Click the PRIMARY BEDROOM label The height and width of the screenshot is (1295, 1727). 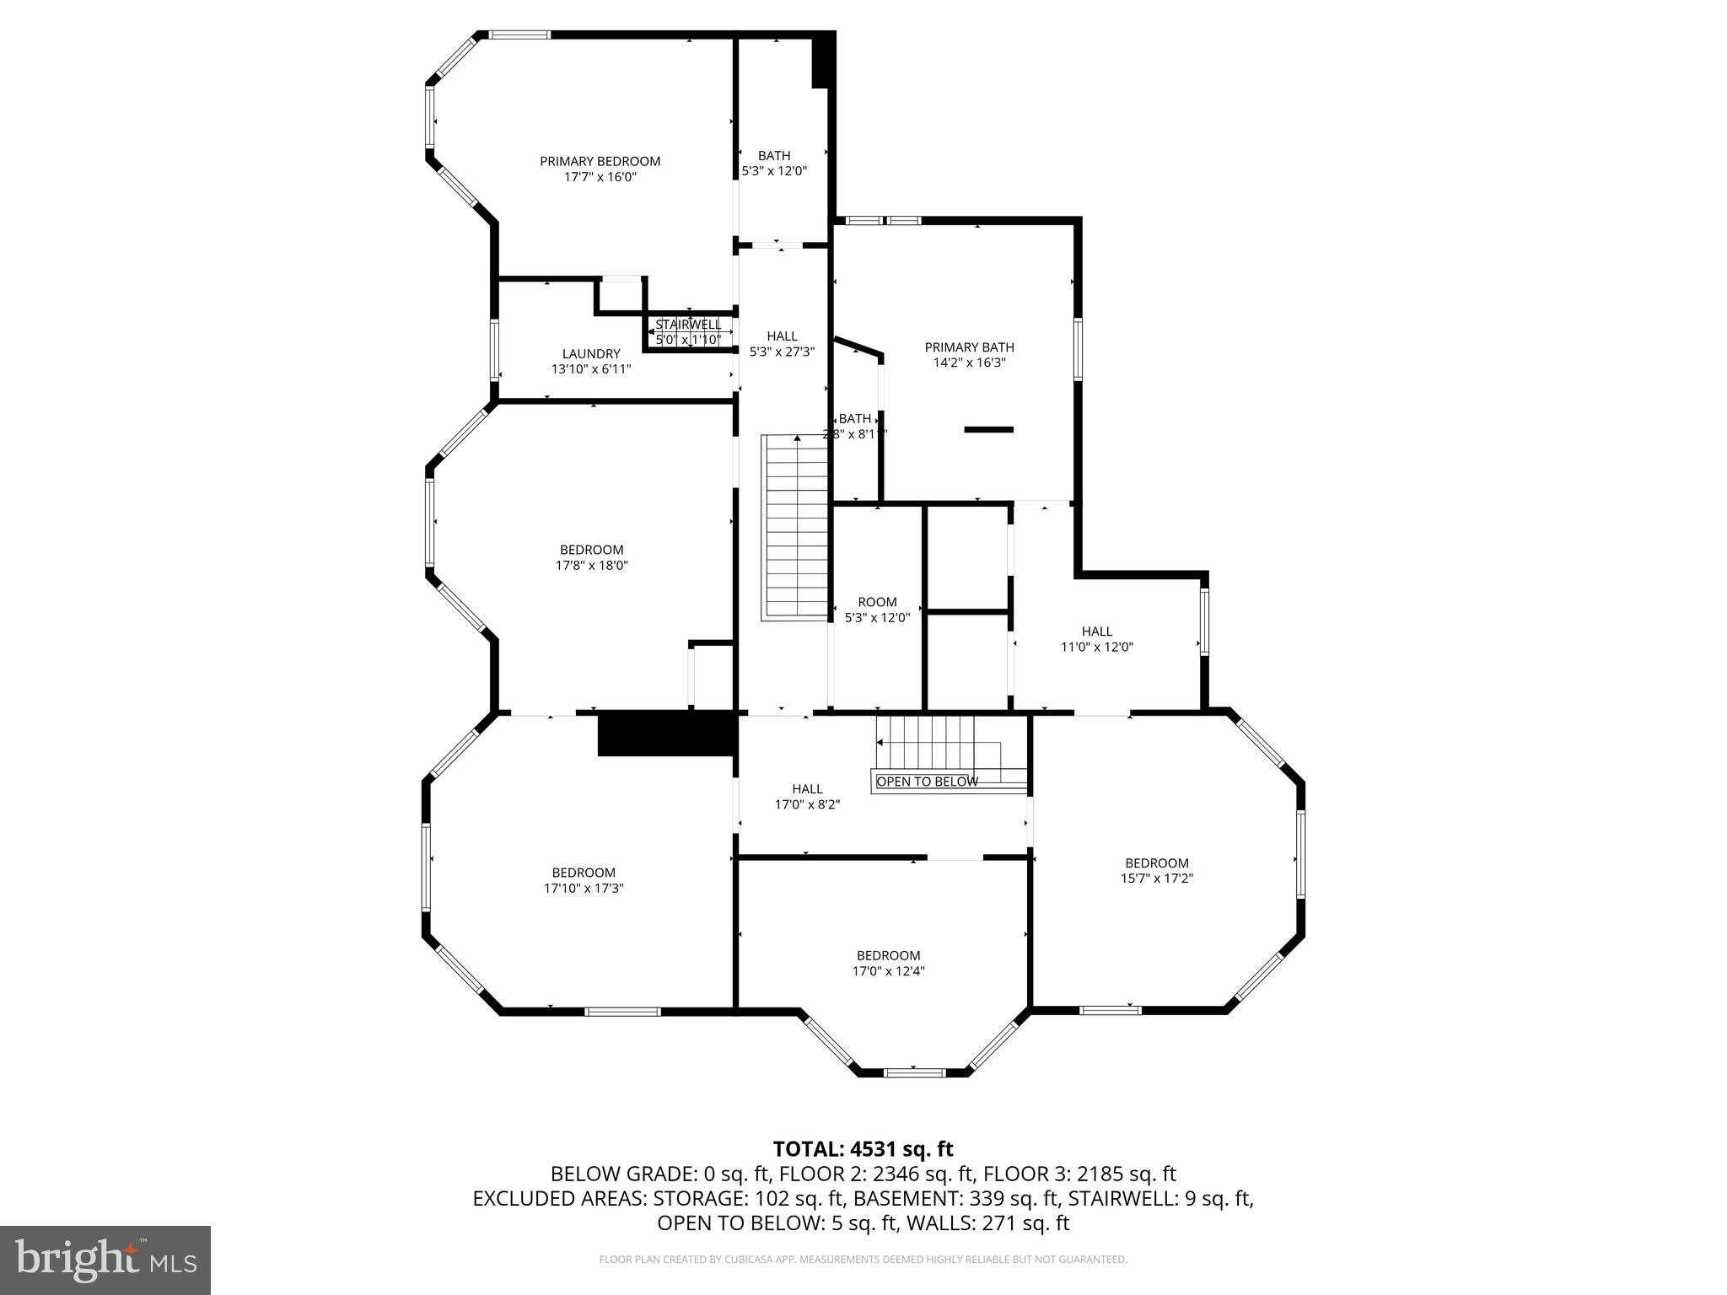tap(600, 161)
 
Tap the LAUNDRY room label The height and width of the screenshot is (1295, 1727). tap(591, 354)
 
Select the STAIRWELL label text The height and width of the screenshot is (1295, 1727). tap(688, 325)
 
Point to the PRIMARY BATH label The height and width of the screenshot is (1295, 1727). tap(969, 347)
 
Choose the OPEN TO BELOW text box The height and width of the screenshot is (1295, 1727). tap(927, 782)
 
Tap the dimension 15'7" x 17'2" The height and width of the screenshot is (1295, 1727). tap(1156, 878)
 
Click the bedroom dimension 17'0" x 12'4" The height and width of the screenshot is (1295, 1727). tap(888, 970)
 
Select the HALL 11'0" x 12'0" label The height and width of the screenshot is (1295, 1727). tap(1096, 639)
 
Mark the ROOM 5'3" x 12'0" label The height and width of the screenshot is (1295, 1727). tap(877, 610)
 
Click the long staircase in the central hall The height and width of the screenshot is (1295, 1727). tap(796, 528)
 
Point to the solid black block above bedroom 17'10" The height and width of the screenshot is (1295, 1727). tap(666, 733)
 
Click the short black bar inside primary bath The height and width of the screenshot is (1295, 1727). tap(988, 430)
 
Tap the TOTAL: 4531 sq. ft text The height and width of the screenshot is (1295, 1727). tap(863, 1149)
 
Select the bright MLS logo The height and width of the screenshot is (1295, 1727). tap(105, 1260)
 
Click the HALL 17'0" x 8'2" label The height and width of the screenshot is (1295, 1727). tap(807, 797)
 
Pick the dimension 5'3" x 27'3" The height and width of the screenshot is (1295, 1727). tap(782, 352)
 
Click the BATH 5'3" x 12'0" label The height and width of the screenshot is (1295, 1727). tap(773, 163)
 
